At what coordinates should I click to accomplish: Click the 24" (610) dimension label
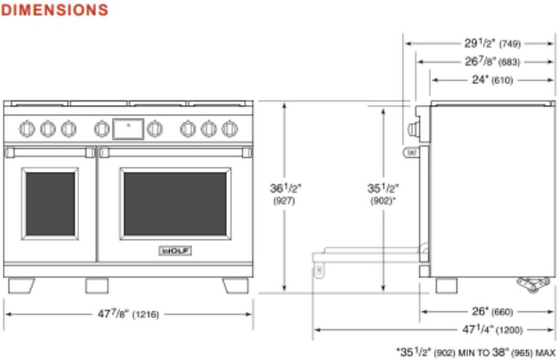pyautogui.click(x=492, y=80)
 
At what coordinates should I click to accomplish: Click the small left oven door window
pyautogui.click(x=50, y=203)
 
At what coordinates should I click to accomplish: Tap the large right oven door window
pyautogui.click(x=175, y=203)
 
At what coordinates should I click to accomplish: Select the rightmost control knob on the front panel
pyautogui.click(x=229, y=128)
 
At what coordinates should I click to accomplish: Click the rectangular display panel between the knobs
pyautogui.click(x=128, y=128)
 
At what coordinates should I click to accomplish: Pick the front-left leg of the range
pyautogui.click(x=21, y=286)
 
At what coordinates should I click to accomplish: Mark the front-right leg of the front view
pyautogui.click(x=235, y=286)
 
